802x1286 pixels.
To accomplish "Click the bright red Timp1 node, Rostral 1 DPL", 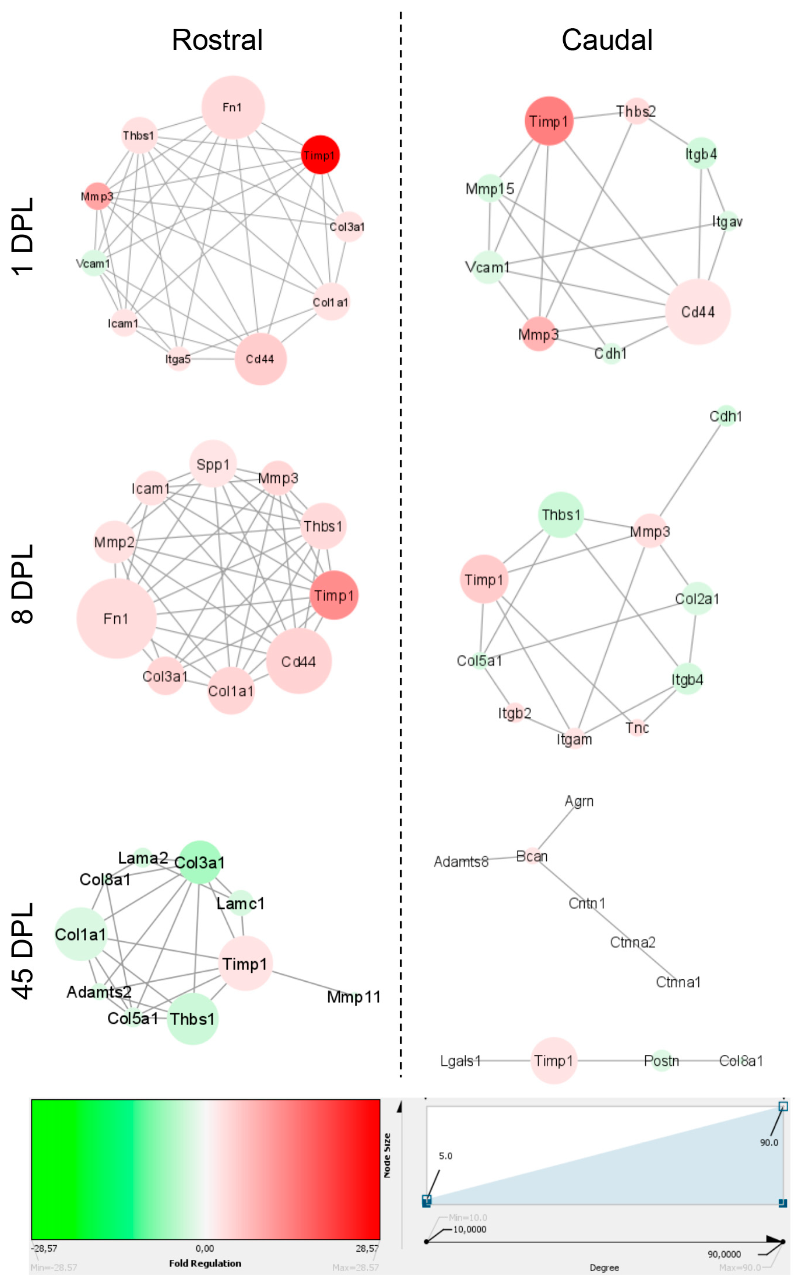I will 320,155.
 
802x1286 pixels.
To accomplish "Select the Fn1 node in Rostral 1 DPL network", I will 233,107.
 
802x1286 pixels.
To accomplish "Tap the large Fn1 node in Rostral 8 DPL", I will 116,618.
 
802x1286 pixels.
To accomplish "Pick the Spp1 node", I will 213,463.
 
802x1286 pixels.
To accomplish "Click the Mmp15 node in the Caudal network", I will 490,188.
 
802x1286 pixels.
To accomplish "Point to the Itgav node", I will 727,222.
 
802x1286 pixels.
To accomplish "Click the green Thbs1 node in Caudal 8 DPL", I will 561,514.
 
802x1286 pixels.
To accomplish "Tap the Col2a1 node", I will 697,599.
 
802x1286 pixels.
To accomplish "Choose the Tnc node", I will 637,727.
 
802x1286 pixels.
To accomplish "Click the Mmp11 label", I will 354,998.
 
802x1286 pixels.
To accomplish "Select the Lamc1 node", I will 241,903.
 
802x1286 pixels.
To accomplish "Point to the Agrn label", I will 579,801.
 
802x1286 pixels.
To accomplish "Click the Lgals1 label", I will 460,1061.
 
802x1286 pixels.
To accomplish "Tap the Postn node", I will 661,1061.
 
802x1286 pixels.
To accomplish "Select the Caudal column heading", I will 607,40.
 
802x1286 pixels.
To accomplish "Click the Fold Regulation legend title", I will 205,1263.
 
